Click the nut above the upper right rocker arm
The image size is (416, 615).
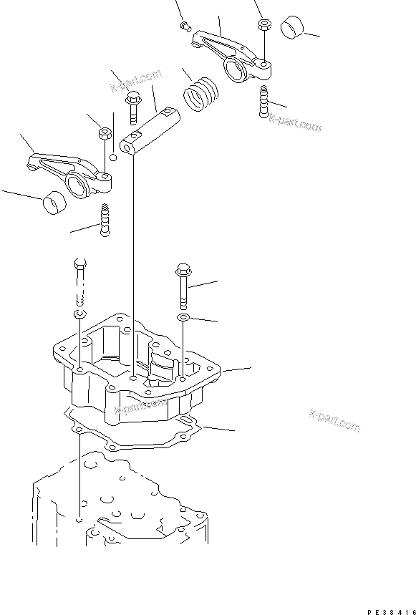tap(263, 24)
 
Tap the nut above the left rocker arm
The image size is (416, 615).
tap(103, 132)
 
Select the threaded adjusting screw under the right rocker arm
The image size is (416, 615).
tap(263, 101)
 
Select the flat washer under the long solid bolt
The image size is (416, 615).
tap(183, 316)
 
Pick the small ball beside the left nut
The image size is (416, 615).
tap(112, 157)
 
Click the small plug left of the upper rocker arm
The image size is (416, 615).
tap(184, 26)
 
